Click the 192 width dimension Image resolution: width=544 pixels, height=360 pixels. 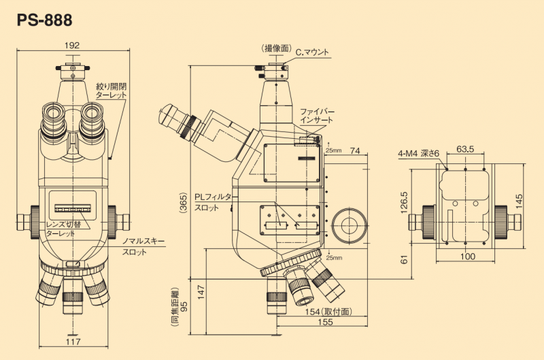73,46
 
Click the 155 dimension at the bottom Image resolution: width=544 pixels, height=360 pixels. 323,325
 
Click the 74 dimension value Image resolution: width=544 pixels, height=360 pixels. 354,150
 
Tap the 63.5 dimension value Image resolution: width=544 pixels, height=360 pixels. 465,148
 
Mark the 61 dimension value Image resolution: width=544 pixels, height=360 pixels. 403,259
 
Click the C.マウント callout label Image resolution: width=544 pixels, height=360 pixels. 309,50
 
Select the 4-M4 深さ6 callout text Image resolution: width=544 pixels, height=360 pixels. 419,153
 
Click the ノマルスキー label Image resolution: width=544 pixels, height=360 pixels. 143,241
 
